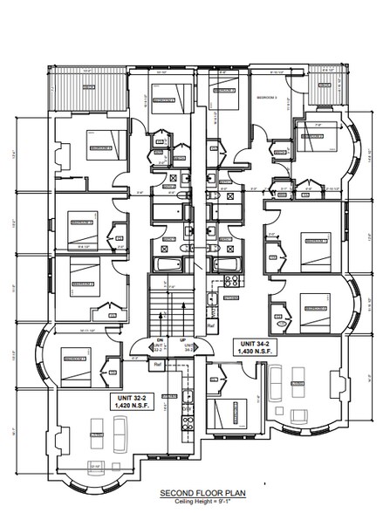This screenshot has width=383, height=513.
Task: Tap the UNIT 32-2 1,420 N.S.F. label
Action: pos(132,401)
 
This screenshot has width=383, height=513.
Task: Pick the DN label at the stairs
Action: pos(160,339)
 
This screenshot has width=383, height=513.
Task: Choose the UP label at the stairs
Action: pos(181,339)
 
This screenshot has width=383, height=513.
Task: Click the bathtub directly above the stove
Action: pos(227,263)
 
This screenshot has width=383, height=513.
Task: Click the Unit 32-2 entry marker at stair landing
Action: pos(160,348)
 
